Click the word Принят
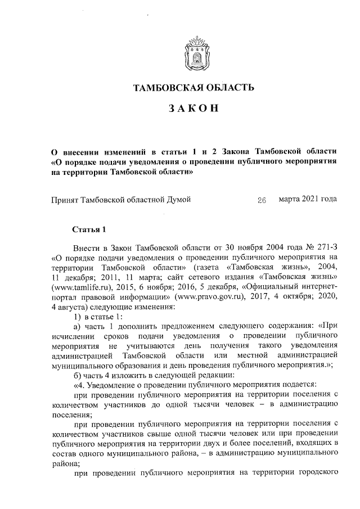point(65,200)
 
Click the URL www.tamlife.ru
point(78,287)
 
